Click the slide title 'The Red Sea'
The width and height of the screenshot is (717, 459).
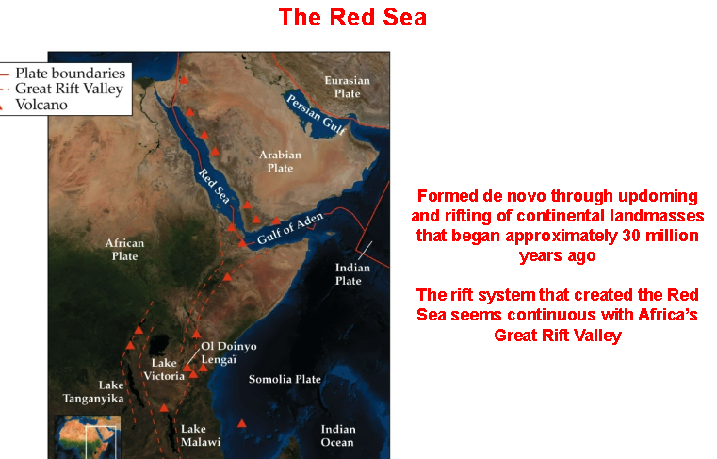pos(351,17)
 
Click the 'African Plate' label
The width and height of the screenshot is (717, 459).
pos(124,249)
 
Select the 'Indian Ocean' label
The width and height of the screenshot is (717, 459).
pos(337,434)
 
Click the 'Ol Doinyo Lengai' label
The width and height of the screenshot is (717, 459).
pos(229,352)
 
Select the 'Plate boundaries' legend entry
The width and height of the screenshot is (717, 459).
pos(69,73)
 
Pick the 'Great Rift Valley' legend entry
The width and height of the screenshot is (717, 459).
pos(69,89)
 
